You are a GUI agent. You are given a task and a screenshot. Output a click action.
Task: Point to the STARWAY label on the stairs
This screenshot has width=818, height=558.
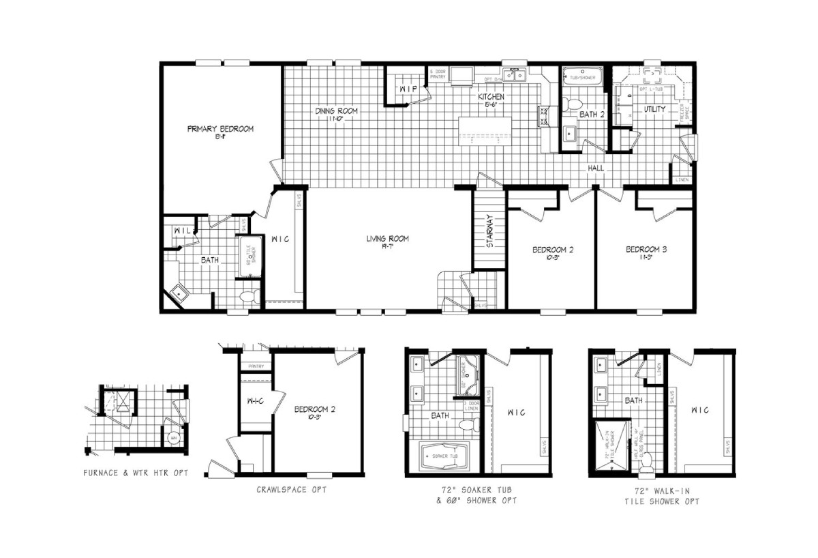pos(489,231)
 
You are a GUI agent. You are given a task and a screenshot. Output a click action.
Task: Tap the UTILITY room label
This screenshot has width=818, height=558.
pos(654,108)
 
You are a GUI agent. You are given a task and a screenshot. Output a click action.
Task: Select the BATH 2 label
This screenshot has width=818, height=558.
pos(592,115)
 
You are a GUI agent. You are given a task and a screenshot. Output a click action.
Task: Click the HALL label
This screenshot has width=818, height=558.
pos(596,168)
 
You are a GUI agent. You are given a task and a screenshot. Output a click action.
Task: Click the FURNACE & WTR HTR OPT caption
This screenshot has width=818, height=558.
pos(136,472)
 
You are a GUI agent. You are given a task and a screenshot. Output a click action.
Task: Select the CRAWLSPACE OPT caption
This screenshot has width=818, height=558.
pos(286,489)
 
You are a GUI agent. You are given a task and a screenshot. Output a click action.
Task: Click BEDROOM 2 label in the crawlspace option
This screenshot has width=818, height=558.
pos(314,410)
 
